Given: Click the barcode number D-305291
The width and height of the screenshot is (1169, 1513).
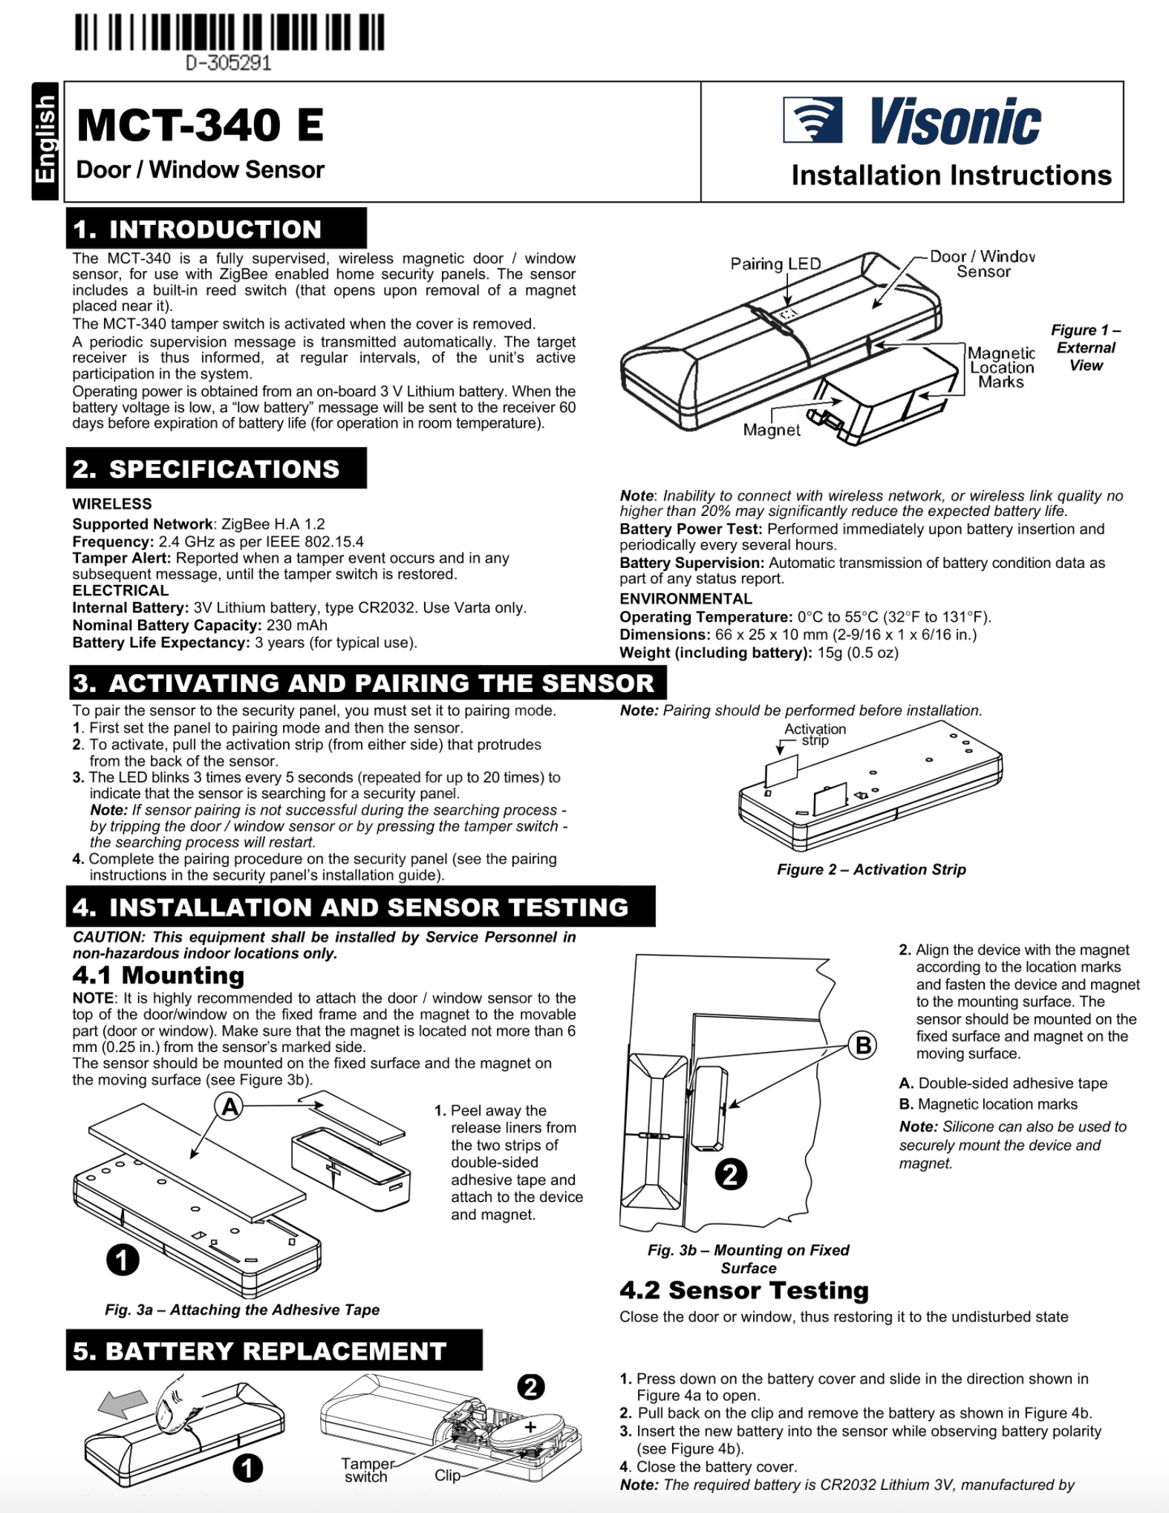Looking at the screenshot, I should click(229, 63).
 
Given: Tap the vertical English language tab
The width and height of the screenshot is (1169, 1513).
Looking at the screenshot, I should click(45, 140).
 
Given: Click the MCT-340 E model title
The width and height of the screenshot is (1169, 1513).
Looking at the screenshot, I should click(200, 125).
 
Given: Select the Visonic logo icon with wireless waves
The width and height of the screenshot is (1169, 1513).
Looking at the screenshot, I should click(813, 120).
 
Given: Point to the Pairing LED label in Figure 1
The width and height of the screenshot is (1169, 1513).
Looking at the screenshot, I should click(775, 264).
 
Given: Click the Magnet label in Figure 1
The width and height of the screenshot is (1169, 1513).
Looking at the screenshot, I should click(772, 431).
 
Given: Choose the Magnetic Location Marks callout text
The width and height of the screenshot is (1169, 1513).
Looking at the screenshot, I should click(1001, 367).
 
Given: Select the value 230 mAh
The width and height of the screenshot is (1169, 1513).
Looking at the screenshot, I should click(296, 625).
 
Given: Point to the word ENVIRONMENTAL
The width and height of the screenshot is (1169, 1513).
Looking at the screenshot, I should click(686, 599).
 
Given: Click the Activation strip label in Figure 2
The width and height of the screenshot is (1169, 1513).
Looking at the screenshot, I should click(815, 734).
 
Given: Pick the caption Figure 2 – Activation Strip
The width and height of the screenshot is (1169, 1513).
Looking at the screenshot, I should click(871, 869).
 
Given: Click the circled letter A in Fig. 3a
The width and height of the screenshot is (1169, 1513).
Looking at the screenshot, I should click(230, 1108).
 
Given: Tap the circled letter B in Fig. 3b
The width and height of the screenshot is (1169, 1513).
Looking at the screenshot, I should click(863, 1045).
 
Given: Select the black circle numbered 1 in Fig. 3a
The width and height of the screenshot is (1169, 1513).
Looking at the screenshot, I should click(123, 1260).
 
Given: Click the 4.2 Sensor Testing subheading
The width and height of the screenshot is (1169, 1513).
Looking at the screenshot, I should click(744, 1290).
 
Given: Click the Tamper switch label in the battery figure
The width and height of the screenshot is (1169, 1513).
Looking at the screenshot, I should click(366, 1470).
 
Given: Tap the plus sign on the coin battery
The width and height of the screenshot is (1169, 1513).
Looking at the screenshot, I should click(530, 1427).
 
